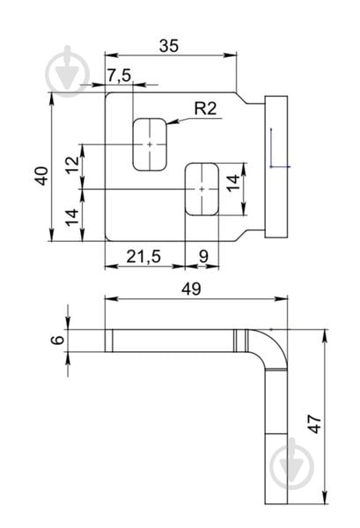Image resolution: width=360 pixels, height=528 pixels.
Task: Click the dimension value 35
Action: click(169, 46)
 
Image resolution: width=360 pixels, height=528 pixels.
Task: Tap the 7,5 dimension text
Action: click(119, 75)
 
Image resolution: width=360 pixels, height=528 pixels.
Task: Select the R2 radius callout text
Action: click(205, 108)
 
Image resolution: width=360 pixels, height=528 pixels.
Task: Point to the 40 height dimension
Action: click(42, 176)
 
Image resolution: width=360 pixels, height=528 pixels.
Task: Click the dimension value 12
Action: click(73, 165)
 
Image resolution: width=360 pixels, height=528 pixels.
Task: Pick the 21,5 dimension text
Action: click(143, 257)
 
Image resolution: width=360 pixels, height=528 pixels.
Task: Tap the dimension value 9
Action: click(203, 257)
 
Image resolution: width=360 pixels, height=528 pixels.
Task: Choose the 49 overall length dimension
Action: click(191, 289)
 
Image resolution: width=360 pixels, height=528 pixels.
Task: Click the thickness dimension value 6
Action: click(57, 340)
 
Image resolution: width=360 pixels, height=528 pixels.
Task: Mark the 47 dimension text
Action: click(315, 423)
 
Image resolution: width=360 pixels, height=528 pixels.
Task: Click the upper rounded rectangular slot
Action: click(150, 144)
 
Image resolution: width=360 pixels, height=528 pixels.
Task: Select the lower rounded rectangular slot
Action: click(202, 189)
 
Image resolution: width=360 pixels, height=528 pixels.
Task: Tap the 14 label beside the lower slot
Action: click(233, 184)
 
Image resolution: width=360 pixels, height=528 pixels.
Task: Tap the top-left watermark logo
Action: click(68, 71)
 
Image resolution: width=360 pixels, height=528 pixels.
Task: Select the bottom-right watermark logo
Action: click(292, 464)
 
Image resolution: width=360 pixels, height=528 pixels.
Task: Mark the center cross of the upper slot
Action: click(150, 144)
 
